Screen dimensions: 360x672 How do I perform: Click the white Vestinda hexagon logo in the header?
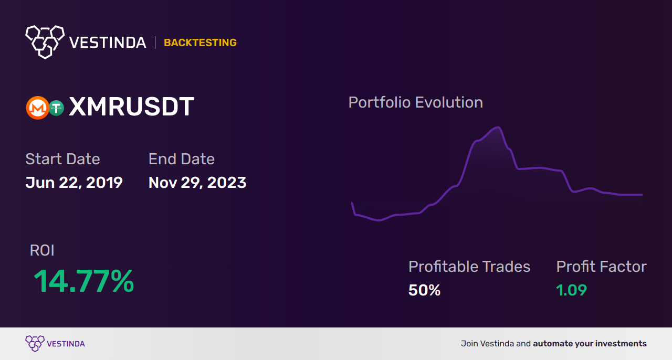[x=45, y=41]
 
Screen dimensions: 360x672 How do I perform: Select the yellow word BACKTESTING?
[x=200, y=43]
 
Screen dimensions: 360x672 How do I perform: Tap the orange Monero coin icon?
[x=37, y=108]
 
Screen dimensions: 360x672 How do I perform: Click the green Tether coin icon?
[x=56, y=108]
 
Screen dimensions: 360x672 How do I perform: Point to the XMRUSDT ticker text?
[x=131, y=108]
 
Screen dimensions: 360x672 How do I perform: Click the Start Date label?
[x=62, y=159]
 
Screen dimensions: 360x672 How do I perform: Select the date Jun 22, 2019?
[x=74, y=183]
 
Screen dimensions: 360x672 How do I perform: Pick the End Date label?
[x=182, y=159]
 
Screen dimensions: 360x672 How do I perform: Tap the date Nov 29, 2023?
[x=197, y=183]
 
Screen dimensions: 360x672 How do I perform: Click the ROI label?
[x=42, y=250]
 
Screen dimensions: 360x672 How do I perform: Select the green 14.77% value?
[x=84, y=281]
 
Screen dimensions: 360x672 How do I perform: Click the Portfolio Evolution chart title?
[x=416, y=102]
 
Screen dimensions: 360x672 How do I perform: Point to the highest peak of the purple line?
[x=496, y=128]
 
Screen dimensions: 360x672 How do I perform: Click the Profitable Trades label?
[x=469, y=267]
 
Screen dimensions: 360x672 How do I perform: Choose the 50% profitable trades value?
[x=424, y=290]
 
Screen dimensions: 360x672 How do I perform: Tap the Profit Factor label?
[x=601, y=267]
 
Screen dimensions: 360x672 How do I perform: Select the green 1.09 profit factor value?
[x=571, y=290]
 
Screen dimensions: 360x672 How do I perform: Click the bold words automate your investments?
[x=590, y=344]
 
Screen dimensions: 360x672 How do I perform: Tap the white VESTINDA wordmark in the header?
[x=108, y=43]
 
